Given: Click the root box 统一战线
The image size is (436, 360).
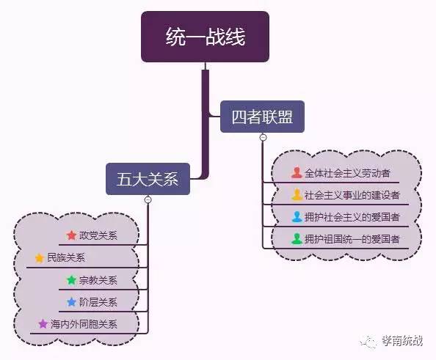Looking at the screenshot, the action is [205, 37].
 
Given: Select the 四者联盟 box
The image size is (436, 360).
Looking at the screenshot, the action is [262, 117].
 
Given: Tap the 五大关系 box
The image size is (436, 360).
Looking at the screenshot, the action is [148, 179].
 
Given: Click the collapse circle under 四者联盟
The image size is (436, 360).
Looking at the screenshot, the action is [263, 137].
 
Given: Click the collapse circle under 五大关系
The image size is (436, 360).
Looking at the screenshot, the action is [148, 199].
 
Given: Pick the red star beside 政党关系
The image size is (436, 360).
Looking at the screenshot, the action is [71, 235].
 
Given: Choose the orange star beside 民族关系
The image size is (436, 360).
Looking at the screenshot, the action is [40, 258].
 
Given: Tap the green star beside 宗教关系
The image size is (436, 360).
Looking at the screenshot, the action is [71, 280].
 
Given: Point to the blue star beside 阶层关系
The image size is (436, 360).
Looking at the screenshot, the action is [71, 302].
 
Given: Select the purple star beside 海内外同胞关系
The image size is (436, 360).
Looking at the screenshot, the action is [43, 324].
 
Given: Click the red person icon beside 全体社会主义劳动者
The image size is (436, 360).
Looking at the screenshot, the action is [297, 172].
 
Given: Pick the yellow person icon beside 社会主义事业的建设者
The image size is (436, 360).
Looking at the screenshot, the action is [297, 194].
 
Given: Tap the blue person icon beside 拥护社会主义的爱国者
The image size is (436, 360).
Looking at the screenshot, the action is [297, 217].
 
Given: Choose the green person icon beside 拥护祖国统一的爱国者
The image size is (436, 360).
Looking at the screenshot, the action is [297, 239].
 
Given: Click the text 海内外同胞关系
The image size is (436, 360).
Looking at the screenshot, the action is [84, 324].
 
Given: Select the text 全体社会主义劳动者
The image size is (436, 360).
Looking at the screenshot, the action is [347, 173].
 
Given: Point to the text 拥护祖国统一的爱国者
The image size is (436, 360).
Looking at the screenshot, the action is [352, 239].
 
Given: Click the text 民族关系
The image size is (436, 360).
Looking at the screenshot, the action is [66, 257].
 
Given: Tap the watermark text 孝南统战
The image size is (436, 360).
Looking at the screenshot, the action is [402, 341].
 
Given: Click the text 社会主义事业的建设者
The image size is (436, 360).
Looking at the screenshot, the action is [352, 195].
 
